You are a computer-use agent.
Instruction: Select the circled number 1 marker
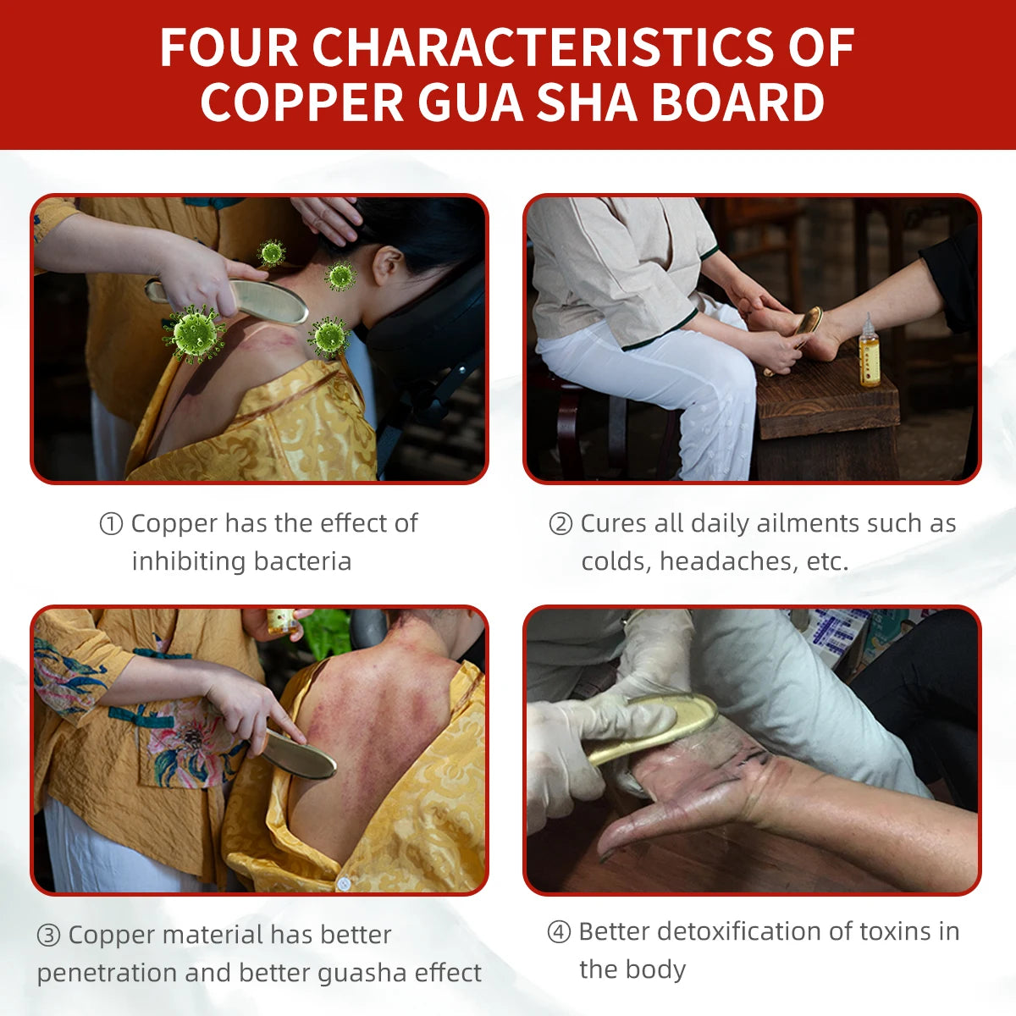(111, 524)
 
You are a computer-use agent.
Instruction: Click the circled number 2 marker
(560, 524)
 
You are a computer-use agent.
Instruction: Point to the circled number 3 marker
(48, 936)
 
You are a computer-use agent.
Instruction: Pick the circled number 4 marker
(559, 931)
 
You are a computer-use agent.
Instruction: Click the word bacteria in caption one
(302, 561)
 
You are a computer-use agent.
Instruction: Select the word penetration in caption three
(107, 974)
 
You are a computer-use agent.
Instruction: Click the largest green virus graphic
(194, 334)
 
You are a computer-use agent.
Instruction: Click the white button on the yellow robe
(343, 882)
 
